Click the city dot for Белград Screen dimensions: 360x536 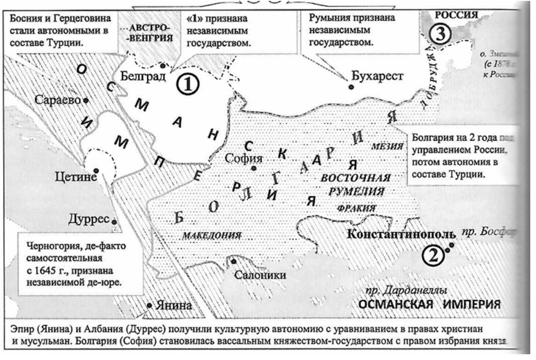163,66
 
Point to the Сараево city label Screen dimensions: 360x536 60,100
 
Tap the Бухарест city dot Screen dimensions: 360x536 351,87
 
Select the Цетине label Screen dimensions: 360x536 75,178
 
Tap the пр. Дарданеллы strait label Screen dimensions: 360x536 404,290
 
